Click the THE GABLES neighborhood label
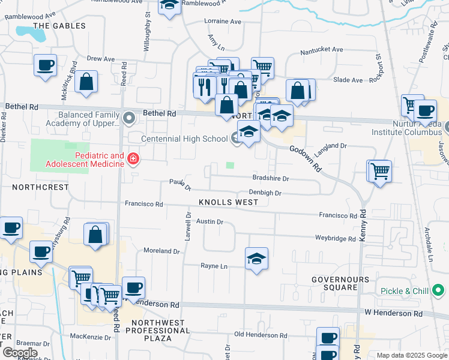(x=59, y=26)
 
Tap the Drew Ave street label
(x=100, y=59)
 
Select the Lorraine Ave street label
(x=223, y=22)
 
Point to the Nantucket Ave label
(x=322, y=50)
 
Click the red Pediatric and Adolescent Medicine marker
(x=133, y=159)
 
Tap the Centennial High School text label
(x=184, y=139)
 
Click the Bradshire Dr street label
(x=271, y=179)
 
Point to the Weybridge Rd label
(x=336, y=238)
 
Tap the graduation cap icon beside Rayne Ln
(x=257, y=259)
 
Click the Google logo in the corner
(x=20, y=353)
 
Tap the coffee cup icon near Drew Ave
(x=46, y=64)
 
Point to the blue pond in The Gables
(x=31, y=33)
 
